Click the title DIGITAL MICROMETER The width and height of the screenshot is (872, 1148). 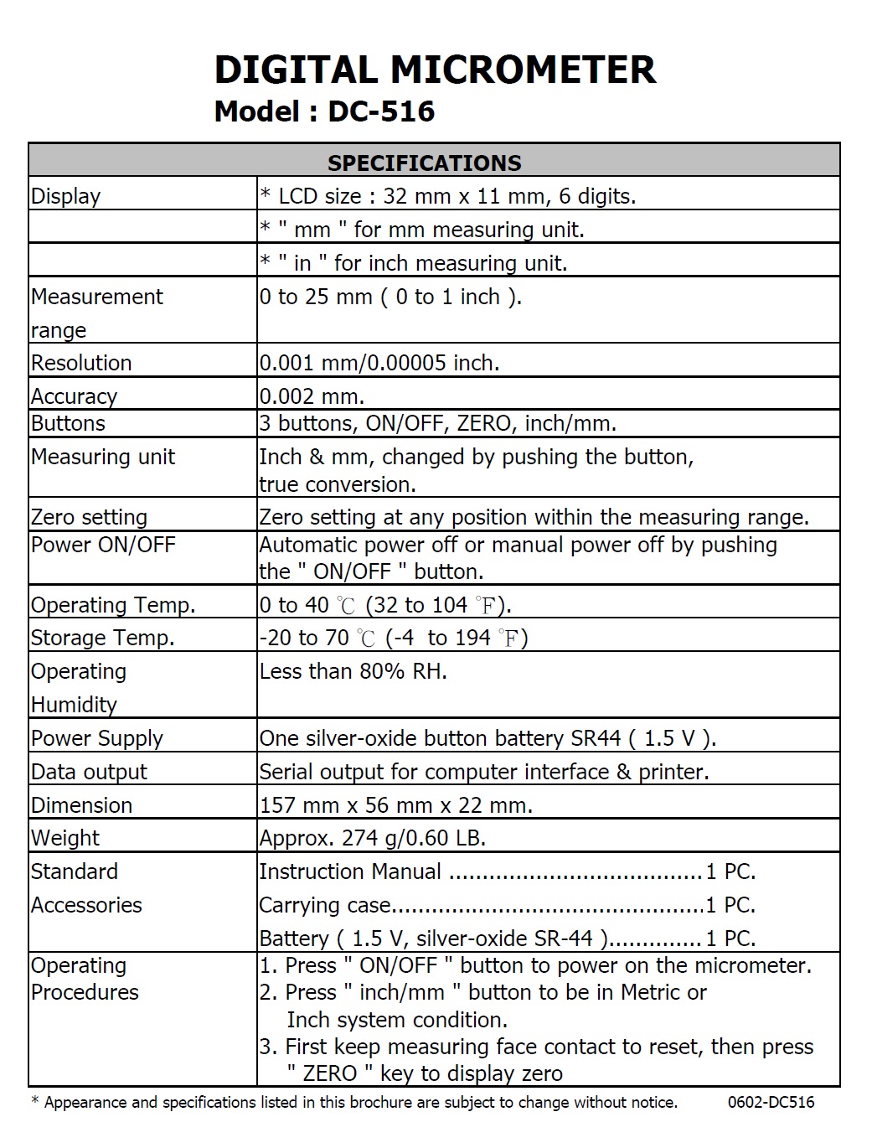(x=435, y=70)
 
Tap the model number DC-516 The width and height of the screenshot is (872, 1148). (x=381, y=111)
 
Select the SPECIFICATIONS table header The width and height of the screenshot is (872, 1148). (x=424, y=163)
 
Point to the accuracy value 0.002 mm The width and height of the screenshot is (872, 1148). (x=312, y=396)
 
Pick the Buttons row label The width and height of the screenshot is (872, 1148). (x=68, y=423)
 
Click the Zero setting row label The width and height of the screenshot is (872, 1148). (x=89, y=517)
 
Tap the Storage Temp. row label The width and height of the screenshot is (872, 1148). (x=102, y=638)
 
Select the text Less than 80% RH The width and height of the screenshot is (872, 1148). (x=353, y=671)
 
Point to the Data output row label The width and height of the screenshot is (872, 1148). (x=89, y=772)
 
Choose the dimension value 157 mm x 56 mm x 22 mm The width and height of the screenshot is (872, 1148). (x=395, y=805)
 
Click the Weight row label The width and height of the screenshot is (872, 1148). (x=65, y=838)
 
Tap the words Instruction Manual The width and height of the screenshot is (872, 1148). (x=350, y=871)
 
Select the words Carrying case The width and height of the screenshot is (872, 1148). (x=325, y=905)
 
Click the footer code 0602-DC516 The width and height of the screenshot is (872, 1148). (x=771, y=1102)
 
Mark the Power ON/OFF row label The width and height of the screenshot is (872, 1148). (x=103, y=545)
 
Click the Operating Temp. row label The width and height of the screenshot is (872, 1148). (x=113, y=605)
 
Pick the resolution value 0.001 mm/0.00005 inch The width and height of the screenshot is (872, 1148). (x=379, y=363)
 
